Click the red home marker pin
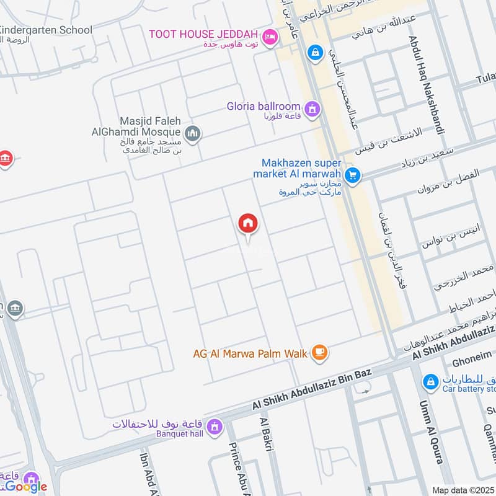pos(248,224)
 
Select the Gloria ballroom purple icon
pos(313,108)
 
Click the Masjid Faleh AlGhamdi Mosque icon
pos(193,133)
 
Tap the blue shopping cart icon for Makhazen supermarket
pos(353,176)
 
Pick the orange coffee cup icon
pos(320,353)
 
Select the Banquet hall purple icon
pos(215,427)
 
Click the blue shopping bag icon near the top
pos(316,53)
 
